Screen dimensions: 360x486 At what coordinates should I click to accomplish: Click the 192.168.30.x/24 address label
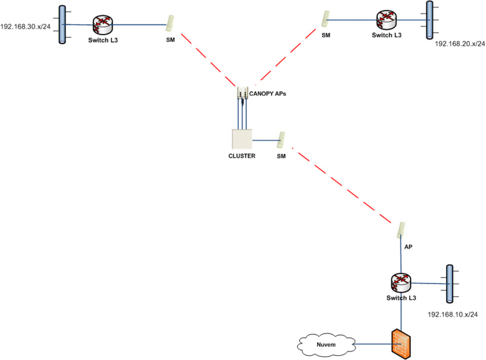tap(25, 27)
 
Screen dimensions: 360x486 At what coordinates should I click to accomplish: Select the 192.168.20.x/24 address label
tap(460, 44)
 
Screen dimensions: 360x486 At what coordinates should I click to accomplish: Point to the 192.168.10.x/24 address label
tap(453, 314)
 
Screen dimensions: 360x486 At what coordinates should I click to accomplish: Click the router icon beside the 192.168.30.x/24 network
tap(104, 25)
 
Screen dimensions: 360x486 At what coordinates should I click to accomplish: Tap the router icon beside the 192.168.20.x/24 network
tap(385, 19)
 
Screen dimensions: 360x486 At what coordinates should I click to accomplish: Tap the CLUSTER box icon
tap(241, 139)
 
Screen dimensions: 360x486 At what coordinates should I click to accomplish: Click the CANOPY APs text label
tap(268, 94)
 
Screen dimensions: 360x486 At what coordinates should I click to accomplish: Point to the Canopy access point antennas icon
tap(242, 94)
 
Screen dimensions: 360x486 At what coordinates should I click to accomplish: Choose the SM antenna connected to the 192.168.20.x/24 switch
tap(326, 18)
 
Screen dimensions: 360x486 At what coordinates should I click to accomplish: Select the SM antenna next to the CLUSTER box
tap(281, 140)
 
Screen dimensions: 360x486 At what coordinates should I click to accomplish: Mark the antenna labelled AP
tap(401, 230)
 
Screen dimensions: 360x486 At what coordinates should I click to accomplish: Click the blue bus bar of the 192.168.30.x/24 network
tap(61, 25)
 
